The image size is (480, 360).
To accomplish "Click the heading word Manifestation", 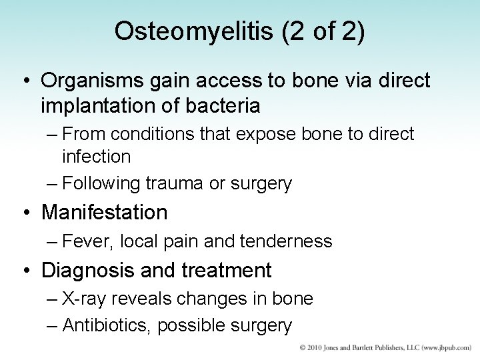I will tap(105, 213).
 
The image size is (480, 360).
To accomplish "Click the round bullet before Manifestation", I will tap(25, 213).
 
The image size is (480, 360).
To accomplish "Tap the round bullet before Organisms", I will tap(25, 81).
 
